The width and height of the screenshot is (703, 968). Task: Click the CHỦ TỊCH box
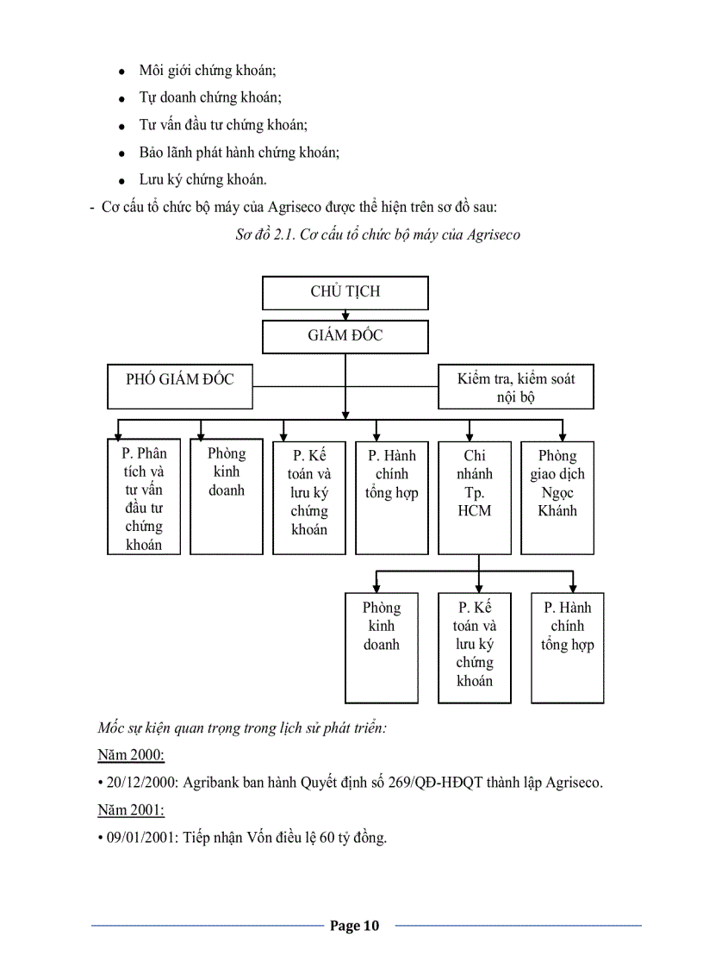tap(345, 292)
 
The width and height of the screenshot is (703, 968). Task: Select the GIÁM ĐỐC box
tap(345, 336)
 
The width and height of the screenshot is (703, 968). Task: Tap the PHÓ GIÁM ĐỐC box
tap(180, 379)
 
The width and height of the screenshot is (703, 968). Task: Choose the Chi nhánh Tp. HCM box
tap(475, 497)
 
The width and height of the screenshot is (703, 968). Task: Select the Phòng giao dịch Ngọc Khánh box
tap(557, 497)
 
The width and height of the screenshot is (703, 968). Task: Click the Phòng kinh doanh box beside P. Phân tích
tap(227, 497)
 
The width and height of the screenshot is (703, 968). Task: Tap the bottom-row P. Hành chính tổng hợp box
tap(567, 647)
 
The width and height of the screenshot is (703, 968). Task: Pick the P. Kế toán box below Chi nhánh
tap(475, 647)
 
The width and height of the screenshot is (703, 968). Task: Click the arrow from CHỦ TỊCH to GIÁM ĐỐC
tap(345, 315)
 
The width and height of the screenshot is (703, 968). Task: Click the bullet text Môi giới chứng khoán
tap(208, 70)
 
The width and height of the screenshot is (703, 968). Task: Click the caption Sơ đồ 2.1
tap(377, 234)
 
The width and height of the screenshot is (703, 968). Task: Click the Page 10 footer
tap(354, 926)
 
